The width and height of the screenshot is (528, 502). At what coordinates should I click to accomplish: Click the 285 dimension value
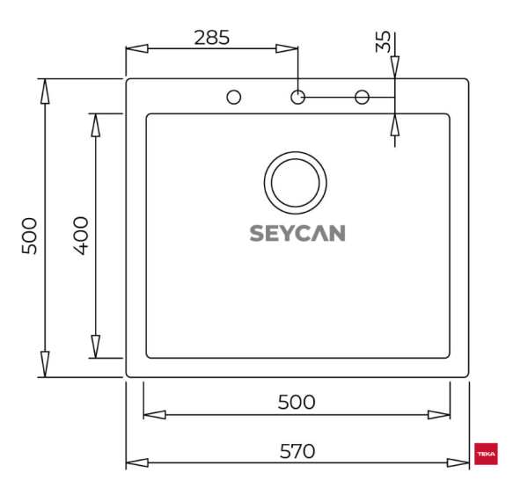212,38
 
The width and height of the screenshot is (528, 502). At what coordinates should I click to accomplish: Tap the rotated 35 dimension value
383,42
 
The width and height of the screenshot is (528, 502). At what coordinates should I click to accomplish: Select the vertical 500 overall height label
30,235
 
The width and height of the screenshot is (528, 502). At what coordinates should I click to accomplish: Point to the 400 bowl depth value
81,235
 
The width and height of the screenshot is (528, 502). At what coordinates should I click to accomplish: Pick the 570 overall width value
297,451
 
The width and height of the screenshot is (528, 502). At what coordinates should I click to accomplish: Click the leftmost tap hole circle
234,97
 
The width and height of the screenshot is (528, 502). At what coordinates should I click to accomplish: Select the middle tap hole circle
298,97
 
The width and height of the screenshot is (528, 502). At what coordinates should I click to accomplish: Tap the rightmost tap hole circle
362,97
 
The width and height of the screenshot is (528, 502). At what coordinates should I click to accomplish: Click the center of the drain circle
296,182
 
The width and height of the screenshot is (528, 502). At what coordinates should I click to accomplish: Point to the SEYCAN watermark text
297,233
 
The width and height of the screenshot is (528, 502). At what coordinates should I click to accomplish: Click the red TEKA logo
486,454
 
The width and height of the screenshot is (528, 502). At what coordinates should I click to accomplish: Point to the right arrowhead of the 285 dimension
289,49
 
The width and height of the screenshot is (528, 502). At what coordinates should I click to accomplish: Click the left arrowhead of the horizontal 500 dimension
154,414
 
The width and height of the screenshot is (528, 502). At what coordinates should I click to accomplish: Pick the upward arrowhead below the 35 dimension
395,125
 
